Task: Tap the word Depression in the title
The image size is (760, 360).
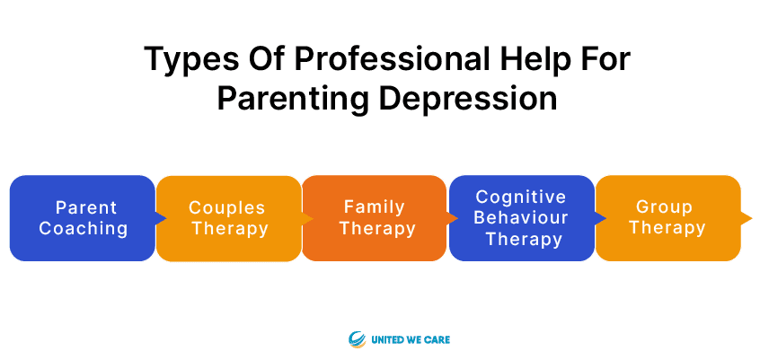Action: click(468, 99)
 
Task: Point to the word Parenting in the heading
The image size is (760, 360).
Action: click(293, 99)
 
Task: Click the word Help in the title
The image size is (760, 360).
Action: click(510, 60)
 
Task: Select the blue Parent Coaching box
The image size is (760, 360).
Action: click(83, 218)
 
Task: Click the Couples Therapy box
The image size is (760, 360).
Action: click(229, 218)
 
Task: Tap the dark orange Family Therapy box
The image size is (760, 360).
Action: click(375, 218)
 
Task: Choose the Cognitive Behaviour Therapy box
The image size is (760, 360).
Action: click(522, 218)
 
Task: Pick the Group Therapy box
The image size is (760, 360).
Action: click(667, 218)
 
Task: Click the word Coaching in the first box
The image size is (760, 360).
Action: click(84, 228)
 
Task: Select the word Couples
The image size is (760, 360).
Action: click(227, 208)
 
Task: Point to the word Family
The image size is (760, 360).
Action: click(375, 208)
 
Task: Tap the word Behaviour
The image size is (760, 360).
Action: click(521, 217)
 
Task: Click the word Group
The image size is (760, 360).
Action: click(664, 208)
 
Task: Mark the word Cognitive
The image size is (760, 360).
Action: click(521, 198)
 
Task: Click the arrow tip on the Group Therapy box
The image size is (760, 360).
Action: click(752, 217)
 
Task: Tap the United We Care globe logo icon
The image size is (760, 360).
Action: click(357, 339)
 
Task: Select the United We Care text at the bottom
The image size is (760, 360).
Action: click(411, 339)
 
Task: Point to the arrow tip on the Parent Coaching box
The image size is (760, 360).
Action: click(166, 218)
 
